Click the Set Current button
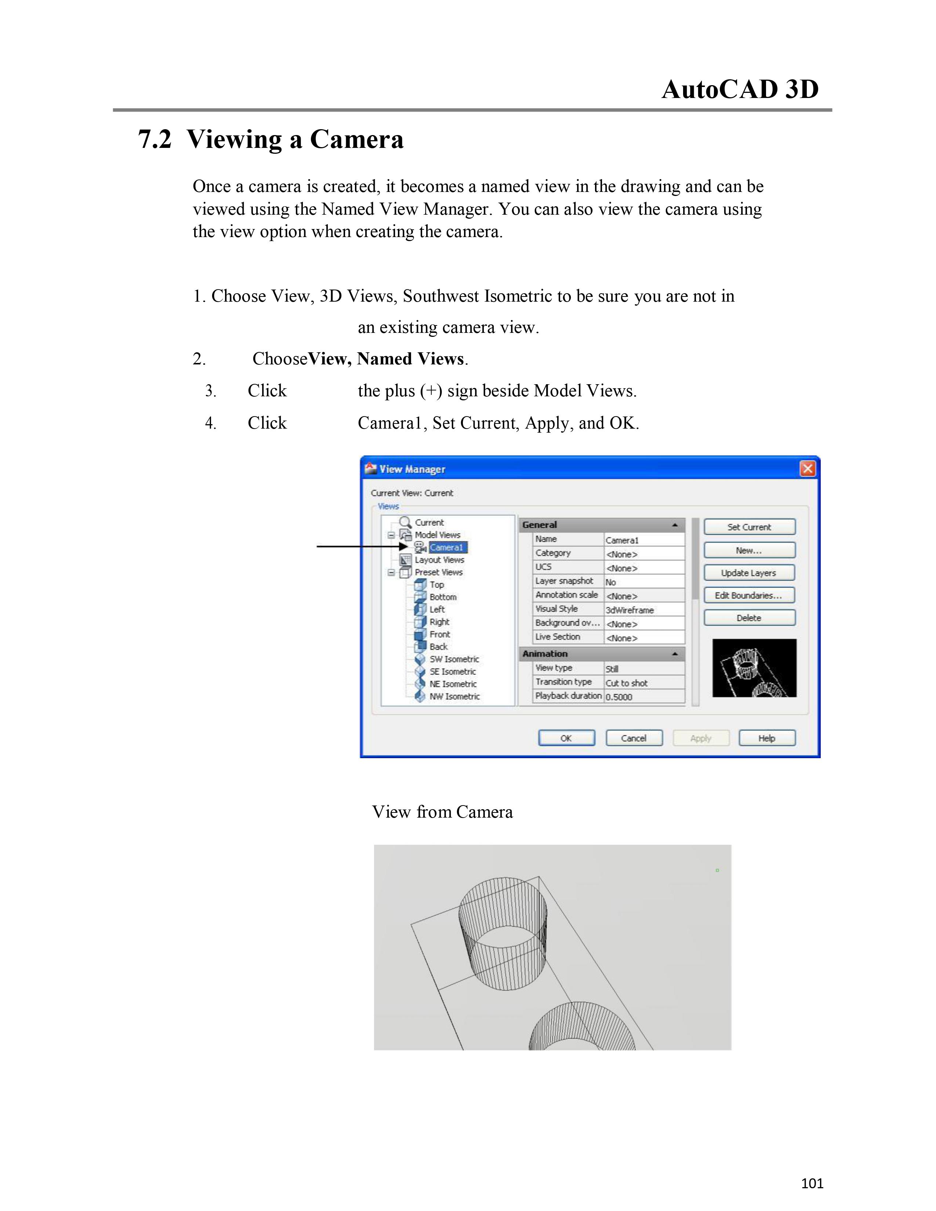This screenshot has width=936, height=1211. click(749, 527)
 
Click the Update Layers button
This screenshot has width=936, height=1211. click(749, 573)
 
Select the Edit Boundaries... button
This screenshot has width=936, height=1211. click(749, 596)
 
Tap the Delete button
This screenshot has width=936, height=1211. click(749, 618)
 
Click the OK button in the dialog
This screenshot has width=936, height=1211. click(566, 738)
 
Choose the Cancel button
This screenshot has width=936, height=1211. click(634, 738)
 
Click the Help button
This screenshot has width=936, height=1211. click(767, 738)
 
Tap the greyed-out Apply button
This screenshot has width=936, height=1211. click(701, 738)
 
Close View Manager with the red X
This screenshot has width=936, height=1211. click(808, 469)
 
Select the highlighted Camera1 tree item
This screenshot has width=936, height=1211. click(447, 547)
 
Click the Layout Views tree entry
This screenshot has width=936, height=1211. click(439, 560)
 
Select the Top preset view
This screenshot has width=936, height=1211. click(436, 585)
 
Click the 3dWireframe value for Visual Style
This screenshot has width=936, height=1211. click(630, 610)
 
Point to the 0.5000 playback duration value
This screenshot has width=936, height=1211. click(619, 697)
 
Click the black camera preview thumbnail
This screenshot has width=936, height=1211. click(754, 668)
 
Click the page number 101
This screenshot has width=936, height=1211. click(812, 1183)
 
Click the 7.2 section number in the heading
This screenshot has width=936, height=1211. click(155, 139)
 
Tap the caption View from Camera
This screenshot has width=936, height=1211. click(442, 812)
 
